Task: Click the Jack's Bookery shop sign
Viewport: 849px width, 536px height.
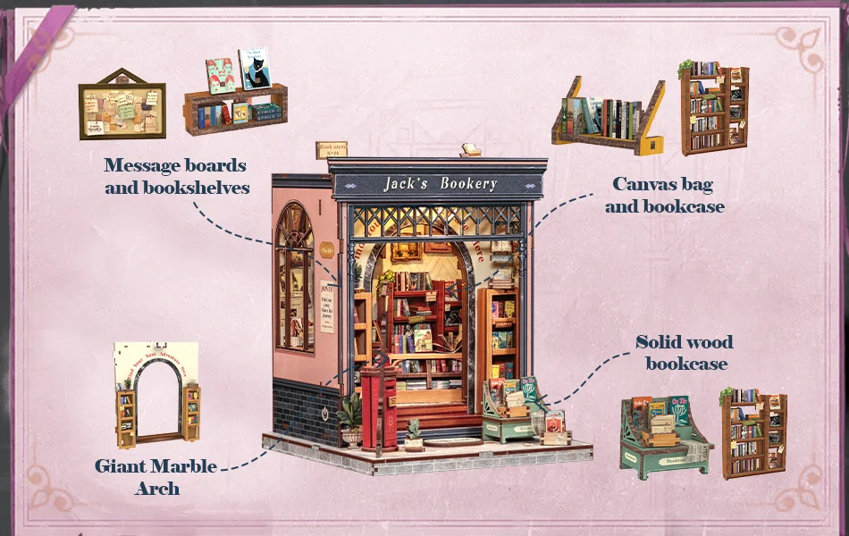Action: coord(440,184)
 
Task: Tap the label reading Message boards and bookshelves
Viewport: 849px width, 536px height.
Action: coord(175,176)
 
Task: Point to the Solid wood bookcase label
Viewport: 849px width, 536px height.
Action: coord(685,352)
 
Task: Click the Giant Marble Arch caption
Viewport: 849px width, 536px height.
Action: coord(157,476)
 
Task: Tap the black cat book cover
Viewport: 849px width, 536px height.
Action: coord(254,68)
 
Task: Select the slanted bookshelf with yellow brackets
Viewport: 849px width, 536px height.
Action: coord(608,116)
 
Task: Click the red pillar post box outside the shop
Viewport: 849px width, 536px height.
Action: coord(379,406)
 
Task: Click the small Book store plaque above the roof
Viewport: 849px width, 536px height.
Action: coord(331,148)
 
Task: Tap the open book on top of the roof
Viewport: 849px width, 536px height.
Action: coord(471,150)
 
